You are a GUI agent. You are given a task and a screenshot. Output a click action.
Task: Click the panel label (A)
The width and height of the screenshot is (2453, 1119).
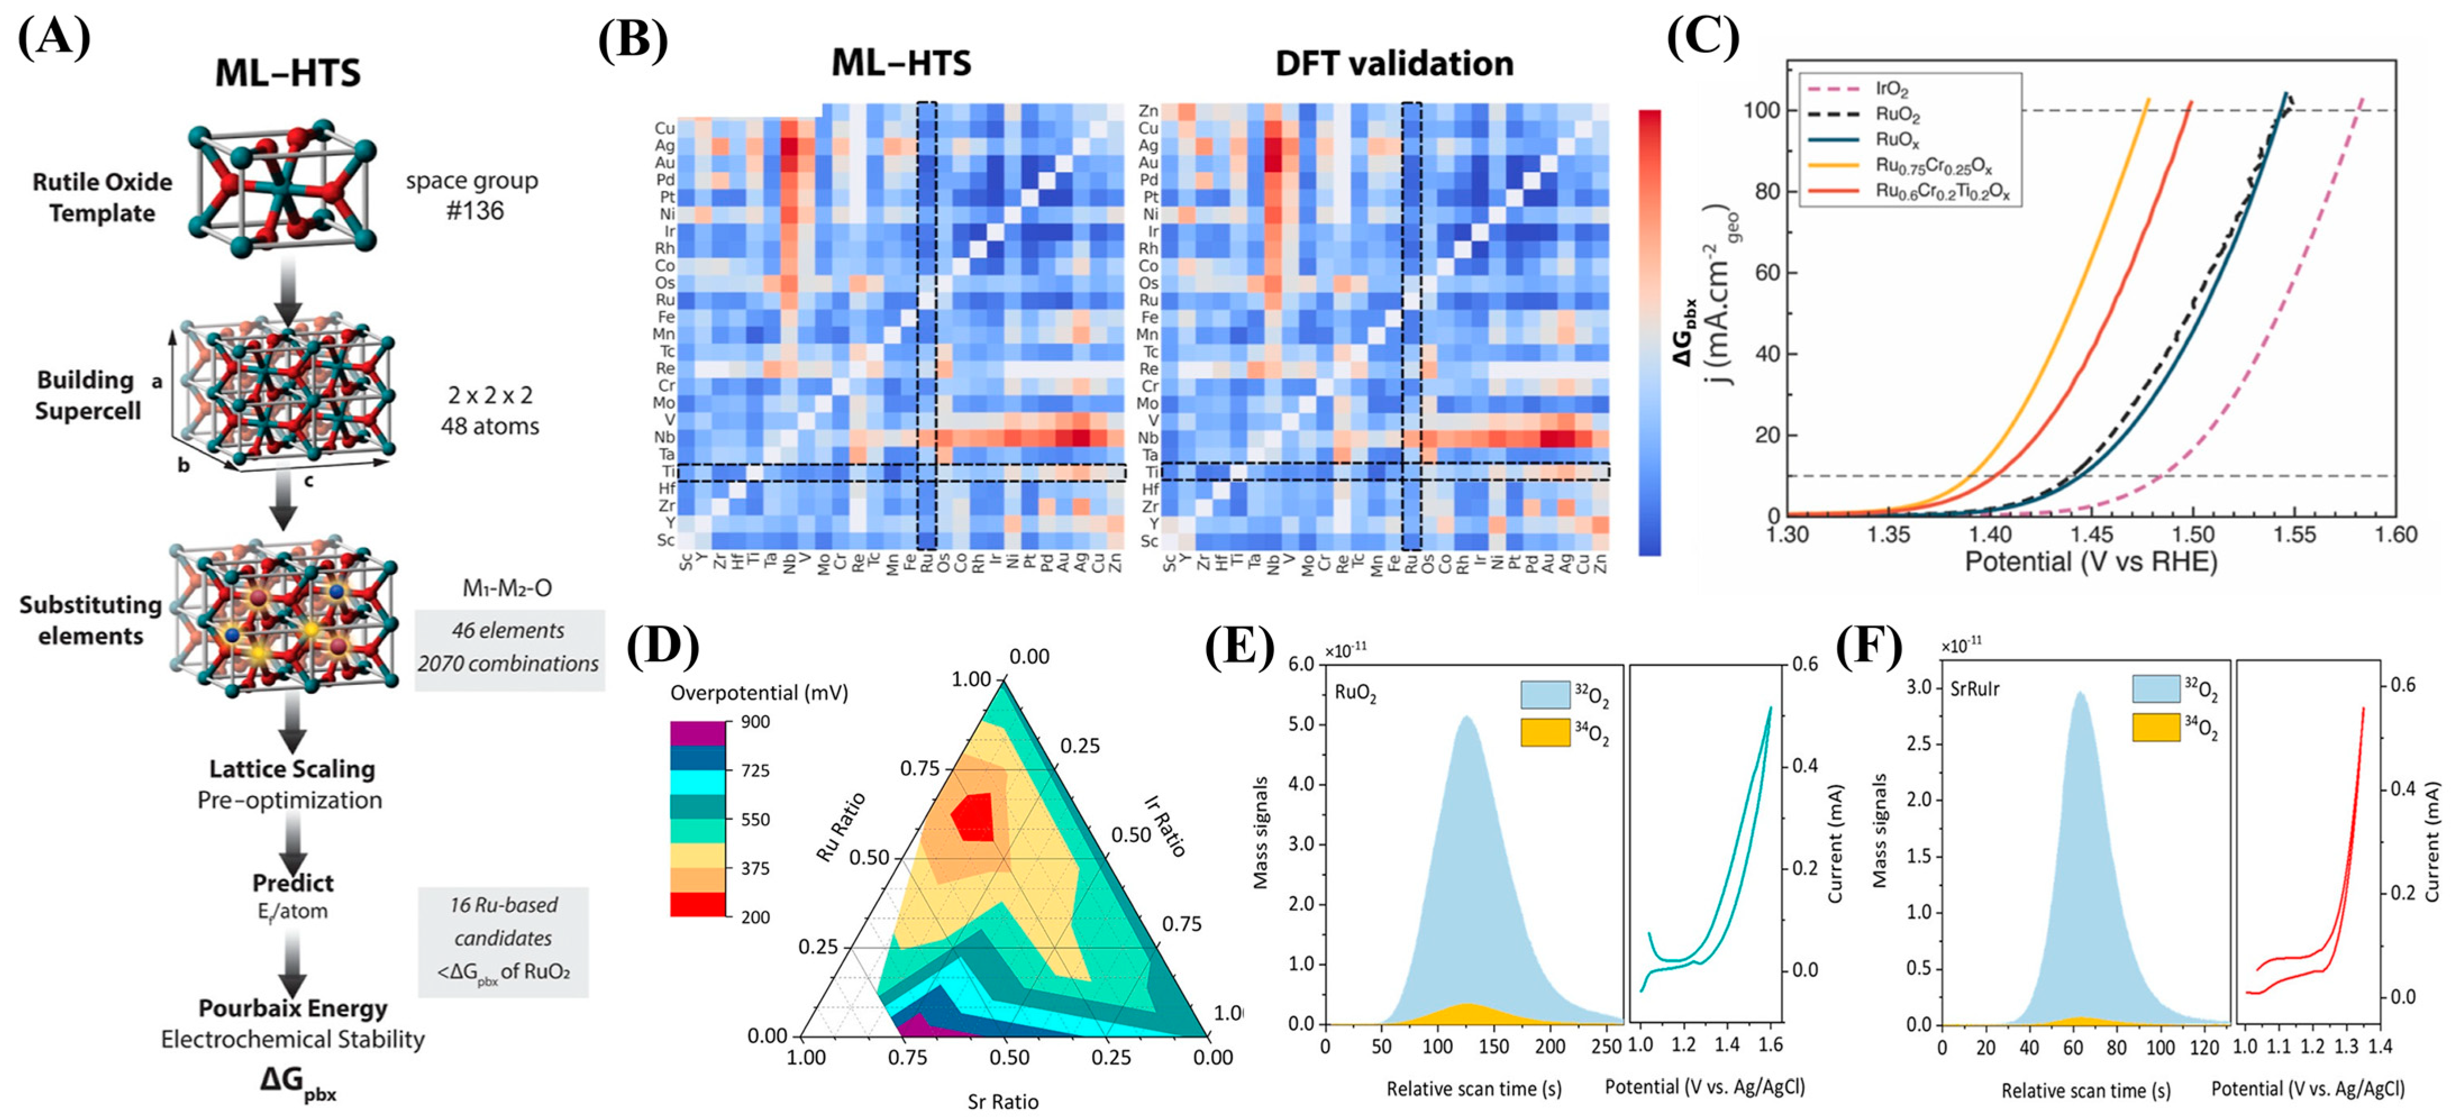click(x=54, y=38)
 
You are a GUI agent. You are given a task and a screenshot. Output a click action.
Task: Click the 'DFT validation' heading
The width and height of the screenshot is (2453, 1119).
click(x=1394, y=64)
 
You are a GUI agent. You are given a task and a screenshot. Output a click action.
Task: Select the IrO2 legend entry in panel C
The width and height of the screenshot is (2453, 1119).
click(x=1891, y=89)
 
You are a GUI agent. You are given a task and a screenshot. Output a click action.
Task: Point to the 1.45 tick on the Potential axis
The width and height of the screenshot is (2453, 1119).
click(x=2091, y=535)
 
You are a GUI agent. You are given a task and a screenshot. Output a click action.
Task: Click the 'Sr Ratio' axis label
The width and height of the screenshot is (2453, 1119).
click(x=1003, y=1102)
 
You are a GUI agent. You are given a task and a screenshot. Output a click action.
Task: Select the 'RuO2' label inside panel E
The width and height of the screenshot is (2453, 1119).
click(x=1355, y=693)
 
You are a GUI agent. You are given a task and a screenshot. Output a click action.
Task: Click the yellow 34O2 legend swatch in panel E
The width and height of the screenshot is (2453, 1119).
click(x=1544, y=732)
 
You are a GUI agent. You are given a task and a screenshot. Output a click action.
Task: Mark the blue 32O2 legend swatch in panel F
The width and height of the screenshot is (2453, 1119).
click(x=2155, y=688)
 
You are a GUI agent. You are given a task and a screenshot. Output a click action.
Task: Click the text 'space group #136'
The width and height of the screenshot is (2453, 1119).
click(x=472, y=195)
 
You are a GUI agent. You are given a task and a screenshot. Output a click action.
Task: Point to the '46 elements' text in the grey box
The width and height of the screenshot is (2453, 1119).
click(x=508, y=631)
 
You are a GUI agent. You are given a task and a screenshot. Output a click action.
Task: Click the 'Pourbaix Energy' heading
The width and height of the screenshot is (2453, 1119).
click(x=293, y=1008)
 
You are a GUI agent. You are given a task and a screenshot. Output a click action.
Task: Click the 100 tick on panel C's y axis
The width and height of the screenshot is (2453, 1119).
click(x=1761, y=111)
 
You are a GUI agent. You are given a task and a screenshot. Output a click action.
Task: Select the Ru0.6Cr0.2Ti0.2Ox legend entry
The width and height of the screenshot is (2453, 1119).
click(x=1943, y=191)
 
